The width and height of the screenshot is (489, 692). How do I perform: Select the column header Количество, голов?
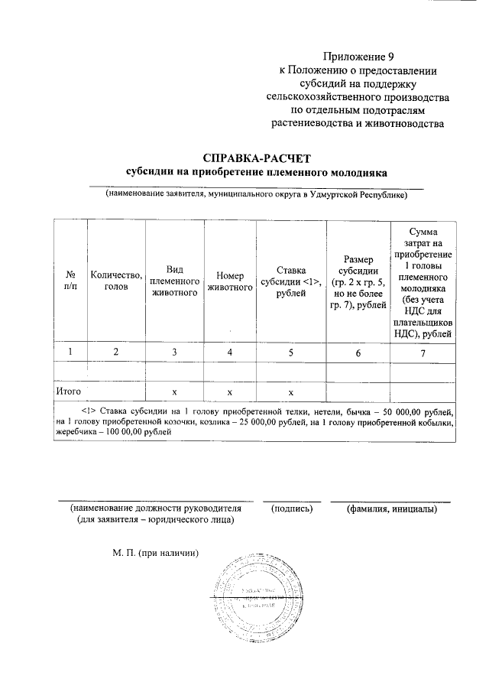pyautogui.click(x=116, y=280)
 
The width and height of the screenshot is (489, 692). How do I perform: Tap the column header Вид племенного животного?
pyautogui.click(x=174, y=280)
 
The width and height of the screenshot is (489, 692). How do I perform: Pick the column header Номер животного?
pyautogui.click(x=230, y=281)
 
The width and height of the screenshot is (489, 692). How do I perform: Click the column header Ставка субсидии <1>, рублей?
pyautogui.click(x=291, y=281)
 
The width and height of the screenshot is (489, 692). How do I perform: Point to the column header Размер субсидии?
pyautogui.click(x=358, y=281)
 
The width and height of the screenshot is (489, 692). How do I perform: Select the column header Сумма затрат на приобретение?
pyautogui.click(x=422, y=281)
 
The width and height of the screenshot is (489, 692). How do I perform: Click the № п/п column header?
pyautogui.click(x=71, y=281)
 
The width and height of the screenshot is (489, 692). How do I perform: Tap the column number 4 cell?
pyautogui.click(x=230, y=352)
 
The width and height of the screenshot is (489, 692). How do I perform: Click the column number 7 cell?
pyautogui.click(x=422, y=352)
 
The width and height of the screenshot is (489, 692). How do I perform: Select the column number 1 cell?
pyautogui.click(x=71, y=352)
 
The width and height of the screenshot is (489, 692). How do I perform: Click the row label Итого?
pyautogui.click(x=70, y=391)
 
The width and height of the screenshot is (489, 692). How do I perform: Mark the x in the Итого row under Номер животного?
pyautogui.click(x=230, y=391)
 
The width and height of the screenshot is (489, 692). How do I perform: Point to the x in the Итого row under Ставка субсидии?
pyautogui.click(x=291, y=391)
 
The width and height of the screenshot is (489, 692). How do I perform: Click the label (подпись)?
pyautogui.click(x=293, y=508)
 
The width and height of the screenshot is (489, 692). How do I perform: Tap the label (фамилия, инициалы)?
pyautogui.click(x=390, y=508)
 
